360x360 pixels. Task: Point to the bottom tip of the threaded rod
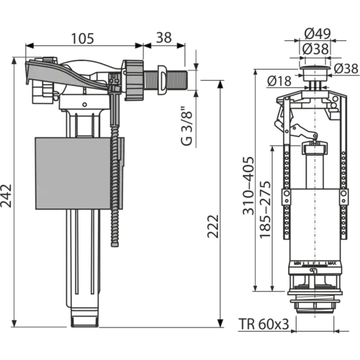click(x=114, y=245)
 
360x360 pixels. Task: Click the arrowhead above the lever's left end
click(x=29, y=45)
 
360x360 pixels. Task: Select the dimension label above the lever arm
click(x=84, y=35)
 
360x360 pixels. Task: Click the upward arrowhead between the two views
click(x=221, y=86)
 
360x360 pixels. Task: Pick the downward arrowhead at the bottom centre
click(x=221, y=319)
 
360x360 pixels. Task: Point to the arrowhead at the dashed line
click(x=271, y=151)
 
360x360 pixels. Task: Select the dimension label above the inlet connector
click(x=164, y=35)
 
